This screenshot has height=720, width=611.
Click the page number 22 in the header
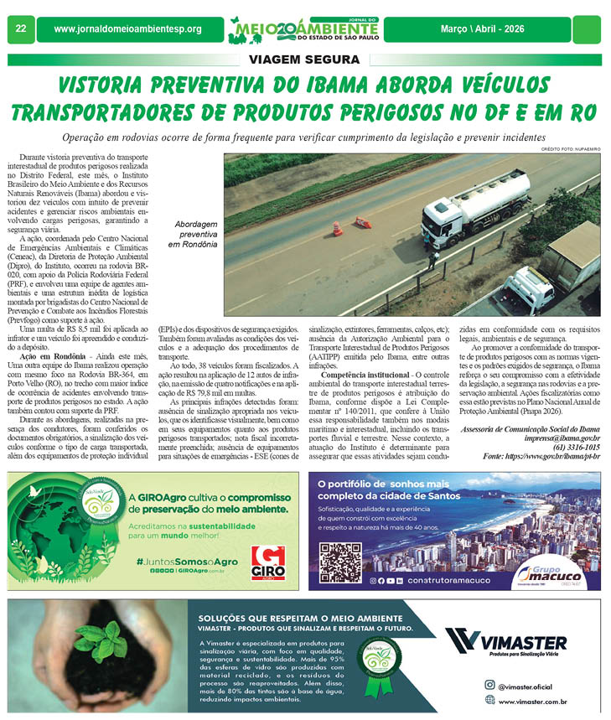click(19, 29)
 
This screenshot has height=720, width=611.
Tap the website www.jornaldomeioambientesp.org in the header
click(127, 29)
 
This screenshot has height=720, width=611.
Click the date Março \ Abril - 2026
click(500, 29)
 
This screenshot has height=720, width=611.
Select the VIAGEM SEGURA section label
click(304, 60)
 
